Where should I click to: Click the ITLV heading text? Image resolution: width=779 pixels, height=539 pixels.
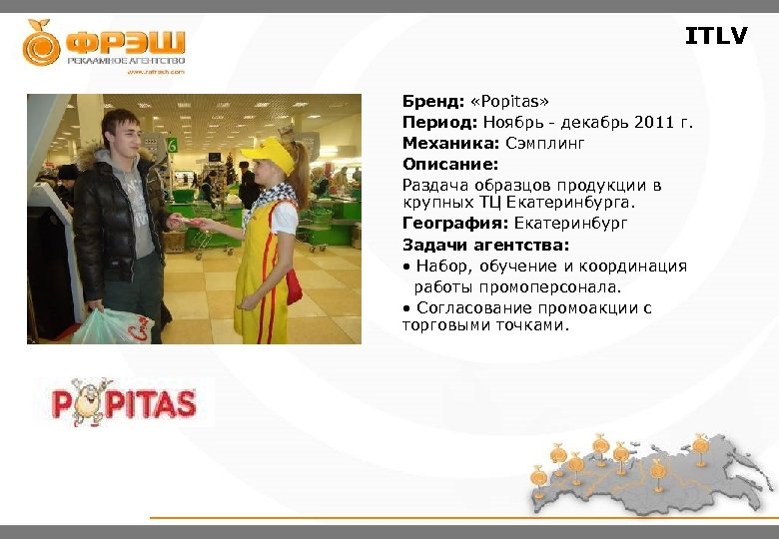715,37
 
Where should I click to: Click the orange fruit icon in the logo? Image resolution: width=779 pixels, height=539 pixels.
42,43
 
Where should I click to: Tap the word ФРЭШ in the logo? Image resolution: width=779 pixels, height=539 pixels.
125,42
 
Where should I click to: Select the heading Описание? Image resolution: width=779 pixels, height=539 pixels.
449,164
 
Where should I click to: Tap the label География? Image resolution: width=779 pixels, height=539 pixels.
455,225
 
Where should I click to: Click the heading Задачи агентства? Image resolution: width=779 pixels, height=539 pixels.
485,246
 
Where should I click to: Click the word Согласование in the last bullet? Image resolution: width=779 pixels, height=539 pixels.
470,307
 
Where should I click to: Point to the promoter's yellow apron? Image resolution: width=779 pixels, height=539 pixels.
262,269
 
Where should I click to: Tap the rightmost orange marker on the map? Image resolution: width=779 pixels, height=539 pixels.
700,443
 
